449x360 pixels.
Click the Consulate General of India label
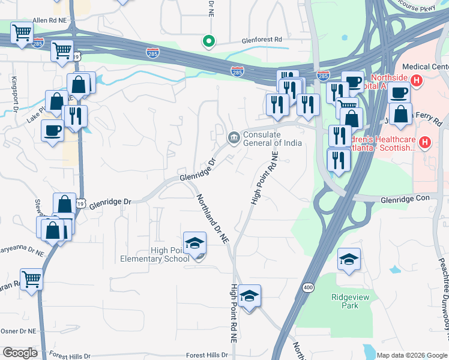click(272, 139)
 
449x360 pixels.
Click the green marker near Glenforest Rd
click(208, 41)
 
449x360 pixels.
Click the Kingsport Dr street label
click(13, 94)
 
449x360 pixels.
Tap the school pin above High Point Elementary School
click(194, 244)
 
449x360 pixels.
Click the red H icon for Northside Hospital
click(416, 79)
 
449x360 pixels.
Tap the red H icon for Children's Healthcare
click(424, 143)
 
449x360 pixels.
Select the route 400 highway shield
click(308, 288)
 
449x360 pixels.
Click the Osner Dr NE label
click(19, 331)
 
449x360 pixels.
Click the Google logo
click(20, 352)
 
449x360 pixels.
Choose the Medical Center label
click(424, 67)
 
